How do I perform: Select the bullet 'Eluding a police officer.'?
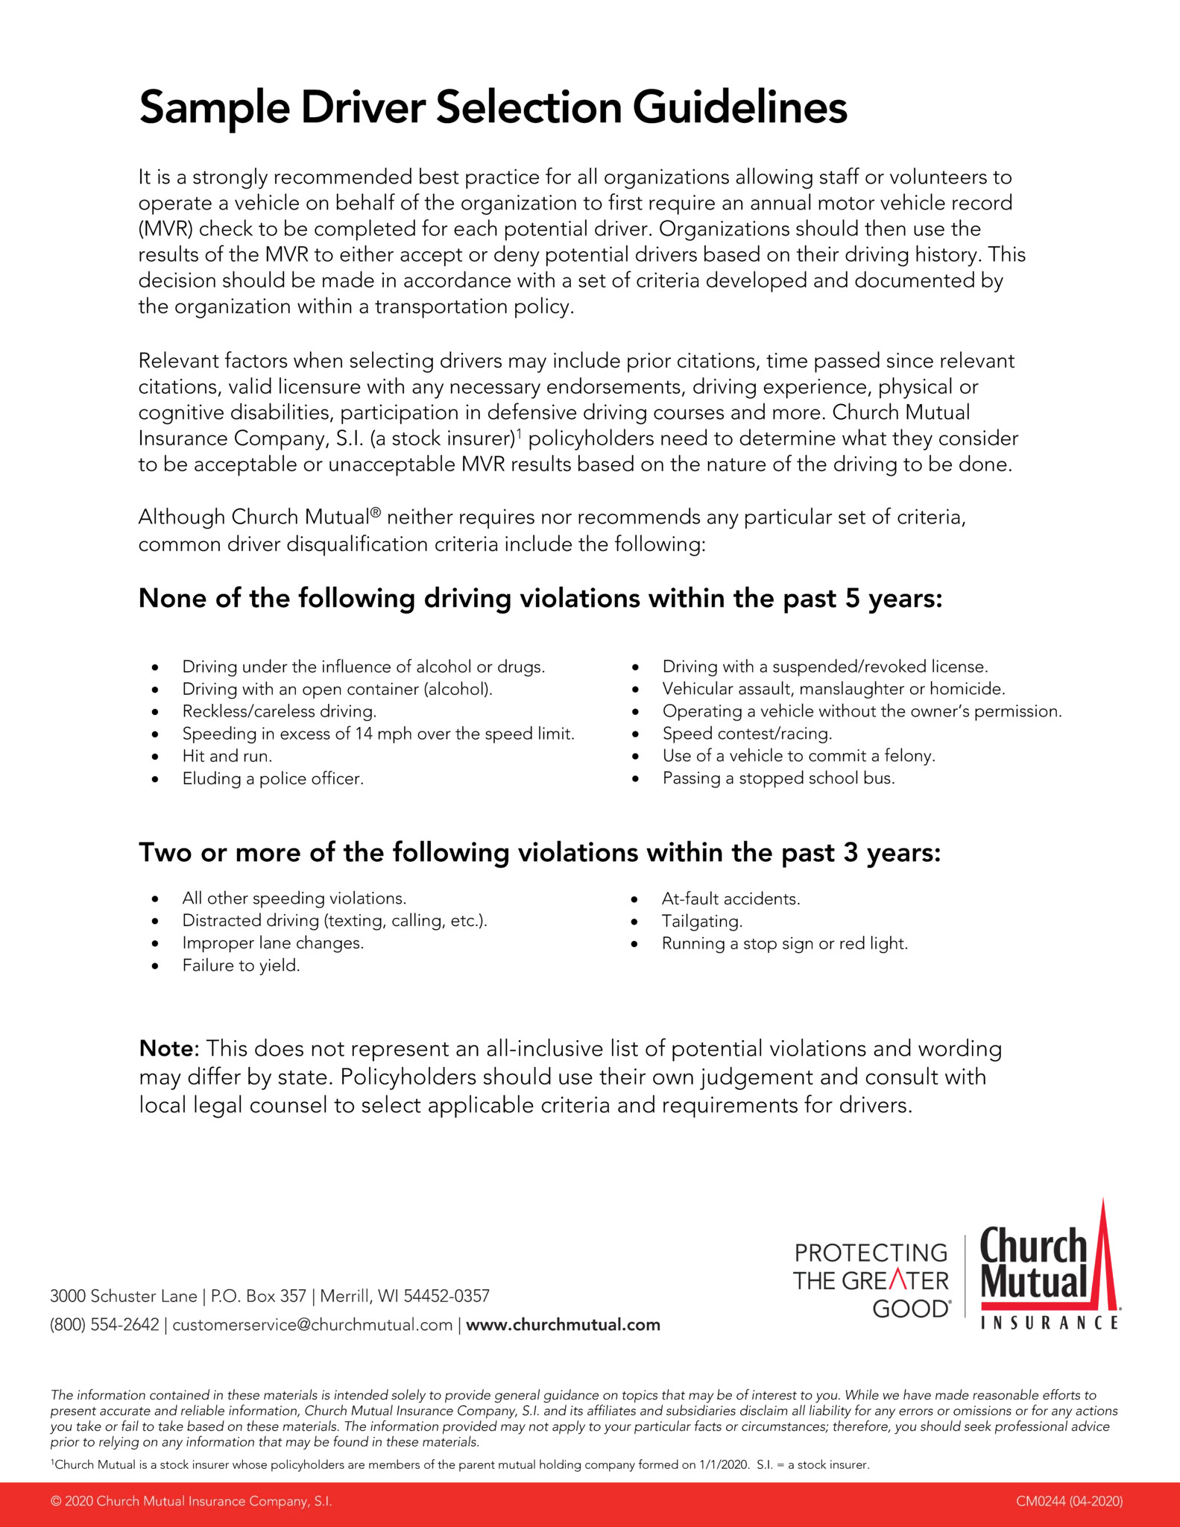tap(273, 779)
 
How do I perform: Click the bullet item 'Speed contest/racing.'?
tap(747, 734)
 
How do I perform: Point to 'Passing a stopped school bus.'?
tap(778, 778)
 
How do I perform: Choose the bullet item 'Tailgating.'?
tap(702, 922)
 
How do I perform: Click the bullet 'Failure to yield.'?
tap(241, 966)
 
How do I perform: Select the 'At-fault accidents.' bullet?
tap(731, 899)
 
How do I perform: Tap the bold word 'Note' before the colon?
tap(165, 1049)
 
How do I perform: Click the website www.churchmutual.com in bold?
tap(563, 1325)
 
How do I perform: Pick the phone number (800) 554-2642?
tap(104, 1325)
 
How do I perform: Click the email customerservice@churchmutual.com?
tap(312, 1325)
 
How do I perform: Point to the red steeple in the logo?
tap(1102, 1260)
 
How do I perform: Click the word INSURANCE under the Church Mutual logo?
tap(1050, 1323)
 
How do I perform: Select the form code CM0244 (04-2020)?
tap(1069, 1502)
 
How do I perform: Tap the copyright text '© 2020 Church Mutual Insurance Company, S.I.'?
tap(191, 1502)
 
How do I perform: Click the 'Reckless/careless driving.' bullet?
tap(280, 711)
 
